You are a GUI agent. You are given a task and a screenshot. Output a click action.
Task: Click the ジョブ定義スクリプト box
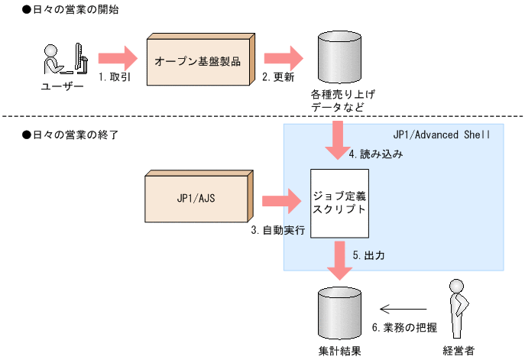click(x=340, y=201)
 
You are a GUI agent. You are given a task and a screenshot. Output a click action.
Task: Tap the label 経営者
click(x=459, y=351)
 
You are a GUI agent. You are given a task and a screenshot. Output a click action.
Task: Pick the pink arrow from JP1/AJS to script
click(x=283, y=201)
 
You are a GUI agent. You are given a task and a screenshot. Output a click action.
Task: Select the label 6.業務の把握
click(x=404, y=327)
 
